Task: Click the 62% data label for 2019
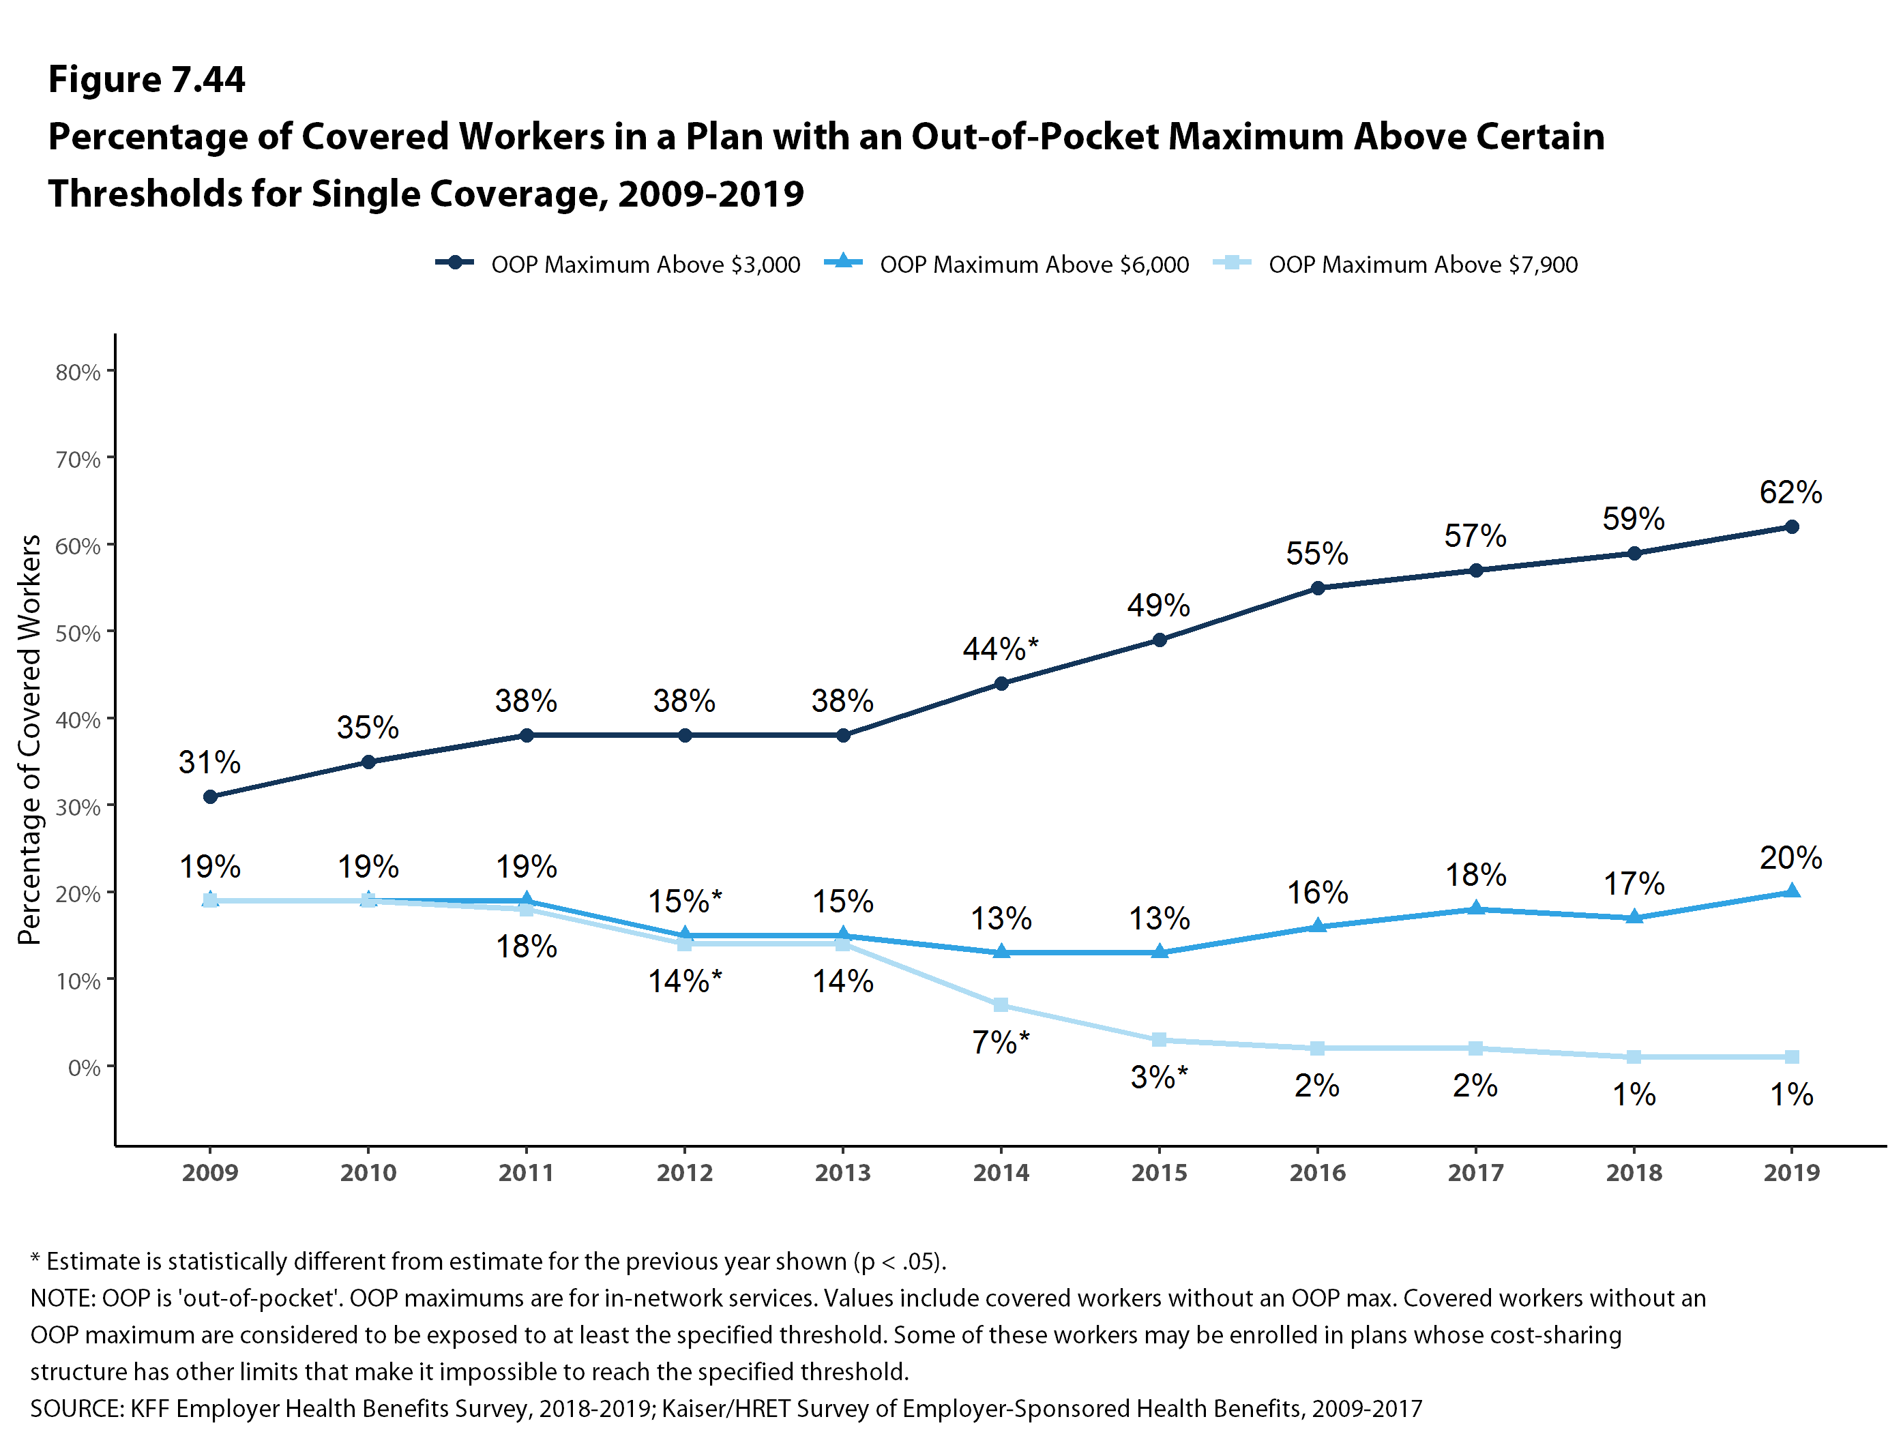click(x=1790, y=493)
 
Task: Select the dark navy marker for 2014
click(x=1001, y=684)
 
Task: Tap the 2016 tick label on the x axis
click(x=1317, y=1173)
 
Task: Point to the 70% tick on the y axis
click(x=78, y=460)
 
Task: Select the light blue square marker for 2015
click(x=1160, y=1040)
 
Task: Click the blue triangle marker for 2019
click(x=1792, y=891)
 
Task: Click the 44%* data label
click(x=1001, y=648)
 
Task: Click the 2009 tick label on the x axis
click(x=210, y=1173)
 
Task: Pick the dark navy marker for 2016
click(x=1318, y=588)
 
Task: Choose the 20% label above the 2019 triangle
click(x=1790, y=857)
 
